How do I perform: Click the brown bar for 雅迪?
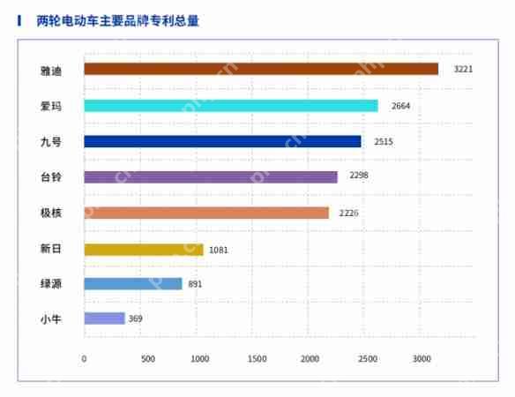click(261, 69)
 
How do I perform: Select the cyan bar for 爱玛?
click(231, 106)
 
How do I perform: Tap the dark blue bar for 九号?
click(222, 141)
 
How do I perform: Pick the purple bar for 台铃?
click(211, 176)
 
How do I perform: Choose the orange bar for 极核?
click(206, 213)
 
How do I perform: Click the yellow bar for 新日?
click(144, 250)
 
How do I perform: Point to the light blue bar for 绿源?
click(133, 284)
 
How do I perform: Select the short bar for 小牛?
click(104, 318)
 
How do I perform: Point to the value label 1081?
click(219, 250)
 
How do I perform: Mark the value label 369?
click(135, 318)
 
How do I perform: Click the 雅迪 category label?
click(52, 69)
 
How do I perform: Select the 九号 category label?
click(52, 141)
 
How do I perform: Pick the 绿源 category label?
click(52, 284)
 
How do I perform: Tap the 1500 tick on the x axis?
click(257, 358)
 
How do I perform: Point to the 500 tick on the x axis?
click(147, 358)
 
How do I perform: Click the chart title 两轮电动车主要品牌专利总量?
click(118, 20)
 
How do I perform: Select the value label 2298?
click(358, 176)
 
